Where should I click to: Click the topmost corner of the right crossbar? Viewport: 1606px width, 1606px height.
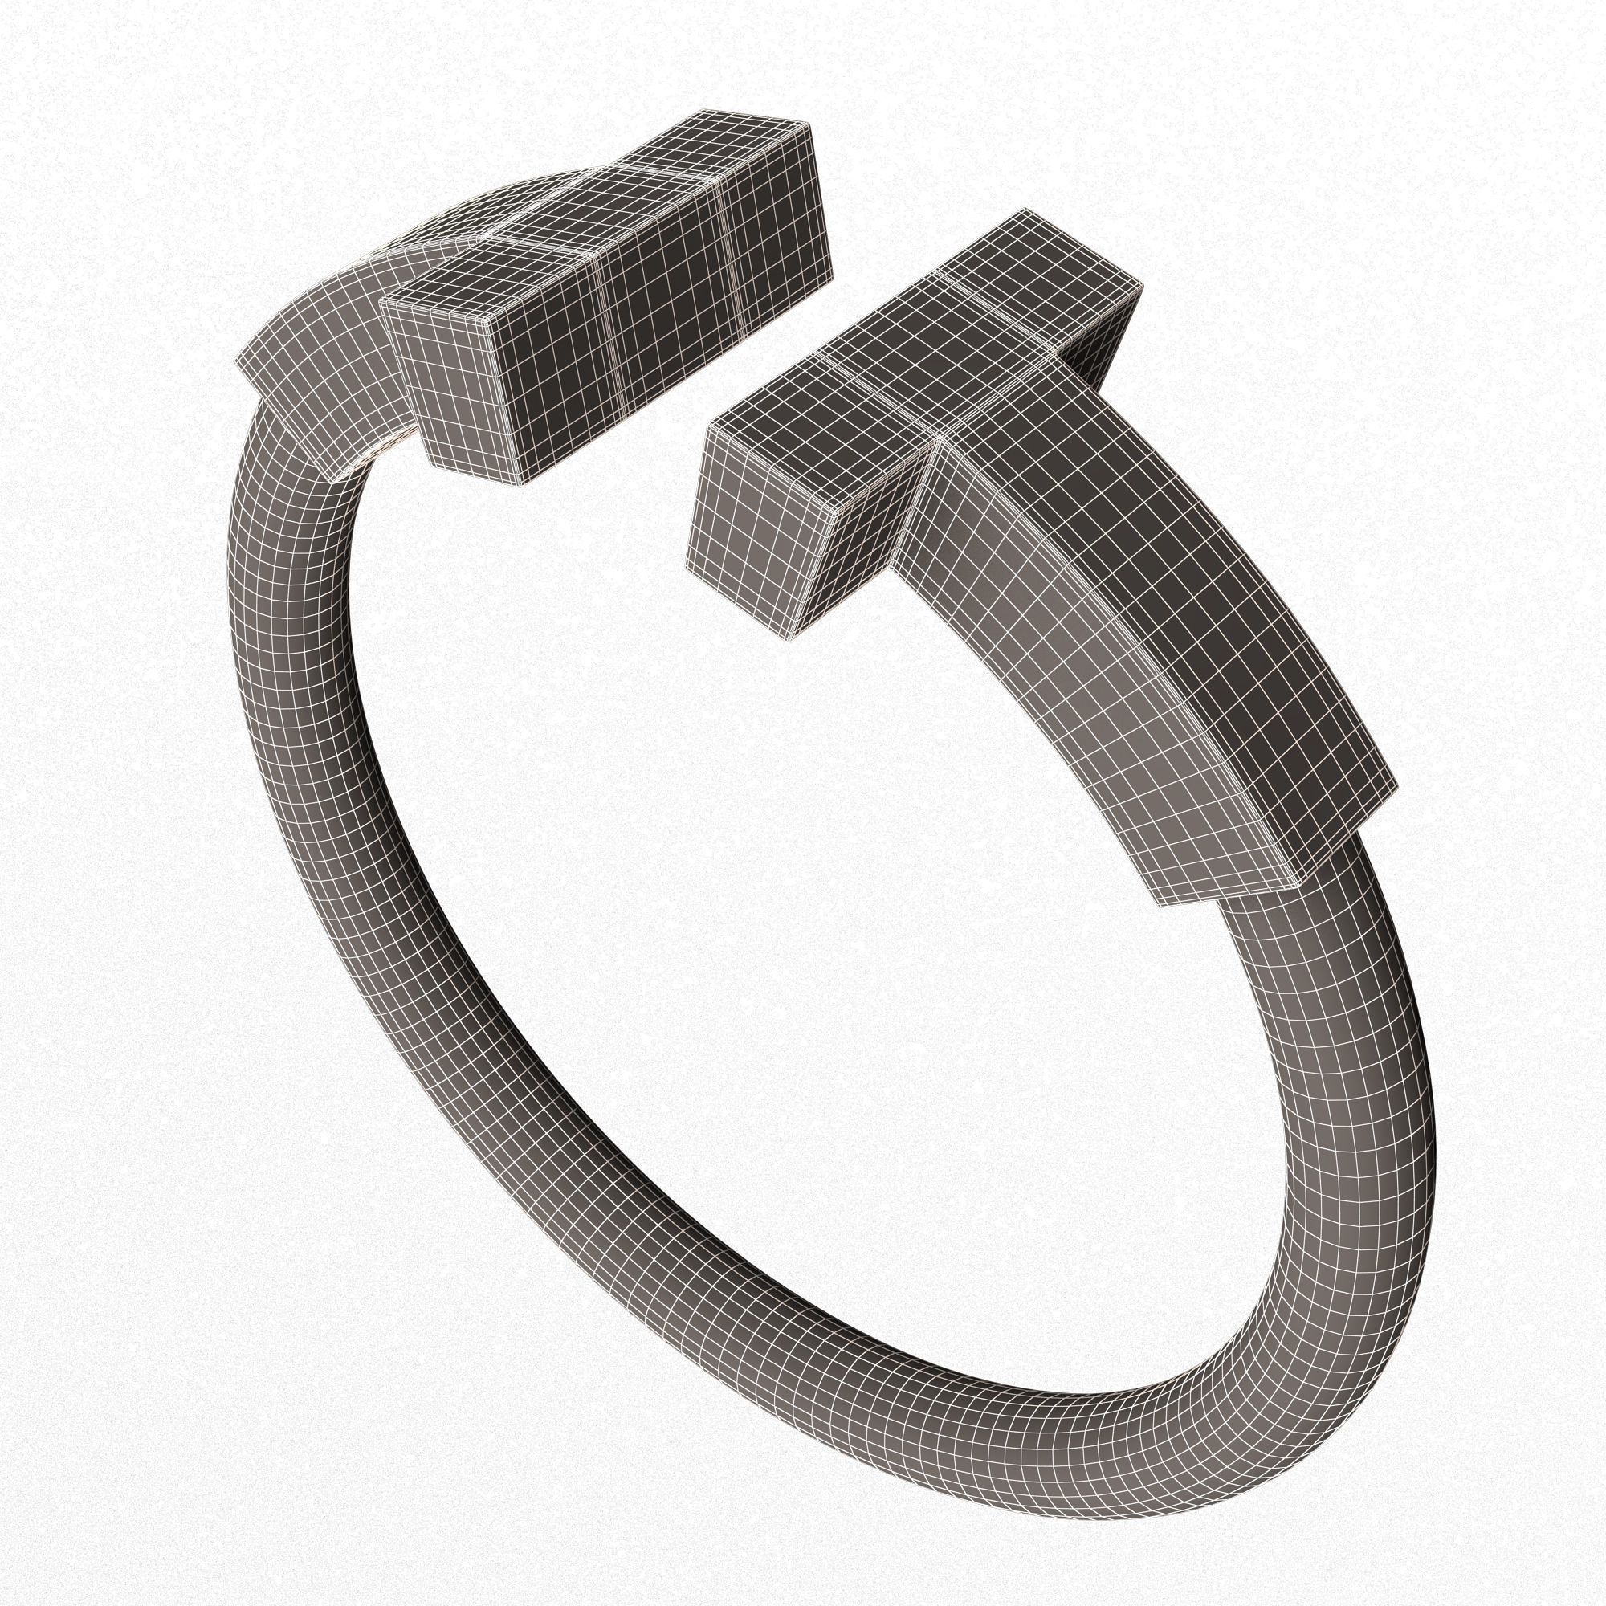pos(1024,209)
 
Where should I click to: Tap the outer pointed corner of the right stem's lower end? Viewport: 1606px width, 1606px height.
pos(1396,785)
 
